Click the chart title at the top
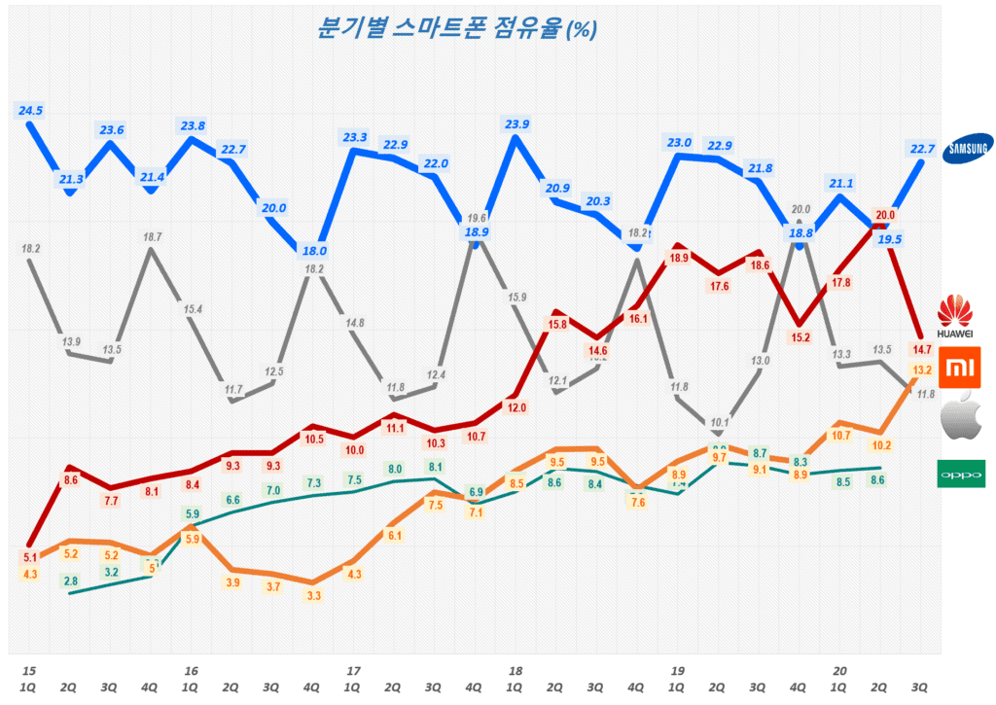click(456, 28)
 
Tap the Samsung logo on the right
click(971, 147)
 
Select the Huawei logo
click(955, 318)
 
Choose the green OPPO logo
click(959, 474)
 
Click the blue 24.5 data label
click(31, 111)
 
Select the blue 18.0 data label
click(313, 251)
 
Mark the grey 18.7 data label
click(152, 237)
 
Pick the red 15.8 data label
click(558, 325)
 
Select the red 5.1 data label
click(30, 558)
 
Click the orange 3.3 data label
click(313, 596)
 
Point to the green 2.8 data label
click(71, 582)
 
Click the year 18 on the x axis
click(516, 671)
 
